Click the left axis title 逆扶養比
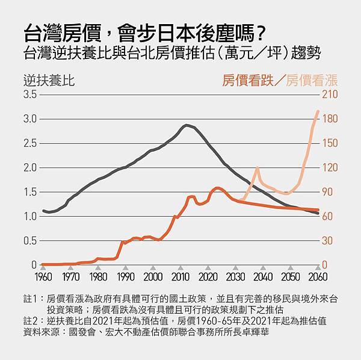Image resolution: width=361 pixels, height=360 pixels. click(49, 79)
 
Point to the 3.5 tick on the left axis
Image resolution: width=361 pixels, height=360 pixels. click(30, 95)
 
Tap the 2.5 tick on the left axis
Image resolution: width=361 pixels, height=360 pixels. click(30, 143)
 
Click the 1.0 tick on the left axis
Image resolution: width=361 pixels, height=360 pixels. click(30, 216)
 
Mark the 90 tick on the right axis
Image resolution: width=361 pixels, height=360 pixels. click(330, 192)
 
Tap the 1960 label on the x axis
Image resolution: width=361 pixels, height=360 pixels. click(43, 277)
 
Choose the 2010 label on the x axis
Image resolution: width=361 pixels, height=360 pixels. click(180, 277)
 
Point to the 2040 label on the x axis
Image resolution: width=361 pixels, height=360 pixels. click(263, 277)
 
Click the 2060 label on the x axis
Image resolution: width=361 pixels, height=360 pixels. click(318, 277)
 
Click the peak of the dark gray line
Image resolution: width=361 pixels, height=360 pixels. click(187, 125)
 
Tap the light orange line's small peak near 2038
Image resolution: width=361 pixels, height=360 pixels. click(256, 168)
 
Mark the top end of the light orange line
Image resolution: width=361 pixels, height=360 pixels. click(318, 111)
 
